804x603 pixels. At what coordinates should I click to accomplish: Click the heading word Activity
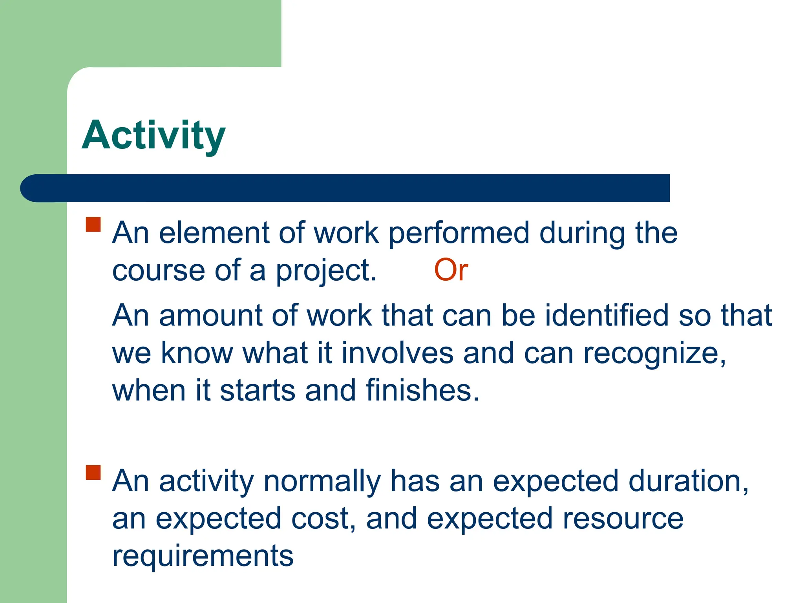pyautogui.click(x=153, y=135)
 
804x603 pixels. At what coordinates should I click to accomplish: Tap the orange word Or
pyautogui.click(x=451, y=270)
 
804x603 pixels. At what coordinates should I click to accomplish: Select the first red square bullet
pyautogui.click(x=93, y=225)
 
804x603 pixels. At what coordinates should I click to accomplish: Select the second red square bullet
pyautogui.click(x=93, y=473)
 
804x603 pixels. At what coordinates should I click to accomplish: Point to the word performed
pyautogui.click(x=459, y=234)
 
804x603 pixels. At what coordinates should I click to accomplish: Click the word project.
pyautogui.click(x=326, y=271)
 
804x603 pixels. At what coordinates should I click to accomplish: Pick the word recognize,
pyautogui.click(x=654, y=353)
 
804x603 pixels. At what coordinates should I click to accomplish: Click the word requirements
pyautogui.click(x=203, y=556)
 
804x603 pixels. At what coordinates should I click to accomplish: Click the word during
pyautogui.click(x=582, y=234)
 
